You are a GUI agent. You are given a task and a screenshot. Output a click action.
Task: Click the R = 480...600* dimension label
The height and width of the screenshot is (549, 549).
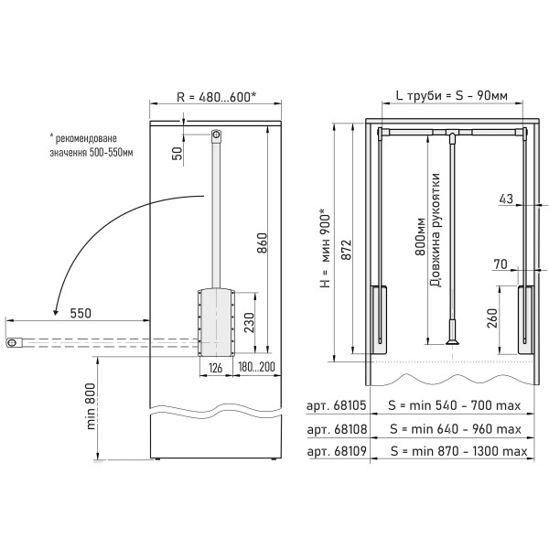coord(217,97)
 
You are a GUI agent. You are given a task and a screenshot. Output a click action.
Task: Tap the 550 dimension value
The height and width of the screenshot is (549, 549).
coord(81,313)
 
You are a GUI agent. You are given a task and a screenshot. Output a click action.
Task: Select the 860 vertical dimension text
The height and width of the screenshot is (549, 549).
coord(262,242)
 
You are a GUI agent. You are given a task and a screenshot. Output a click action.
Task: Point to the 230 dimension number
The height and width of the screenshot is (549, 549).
coord(249,322)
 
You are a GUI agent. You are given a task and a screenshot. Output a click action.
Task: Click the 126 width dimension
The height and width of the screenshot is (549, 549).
coord(216,368)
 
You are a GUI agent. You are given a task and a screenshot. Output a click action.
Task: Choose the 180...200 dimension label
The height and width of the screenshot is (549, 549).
coord(256,367)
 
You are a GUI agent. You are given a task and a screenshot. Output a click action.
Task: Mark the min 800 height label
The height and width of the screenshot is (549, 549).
coord(91,406)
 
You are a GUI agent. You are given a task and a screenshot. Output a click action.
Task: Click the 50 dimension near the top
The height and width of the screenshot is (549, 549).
coord(178,154)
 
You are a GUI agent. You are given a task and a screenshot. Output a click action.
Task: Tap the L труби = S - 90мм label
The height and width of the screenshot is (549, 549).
coord(452,95)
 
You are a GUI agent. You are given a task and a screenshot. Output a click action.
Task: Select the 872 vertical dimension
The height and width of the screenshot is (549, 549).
coord(346,250)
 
